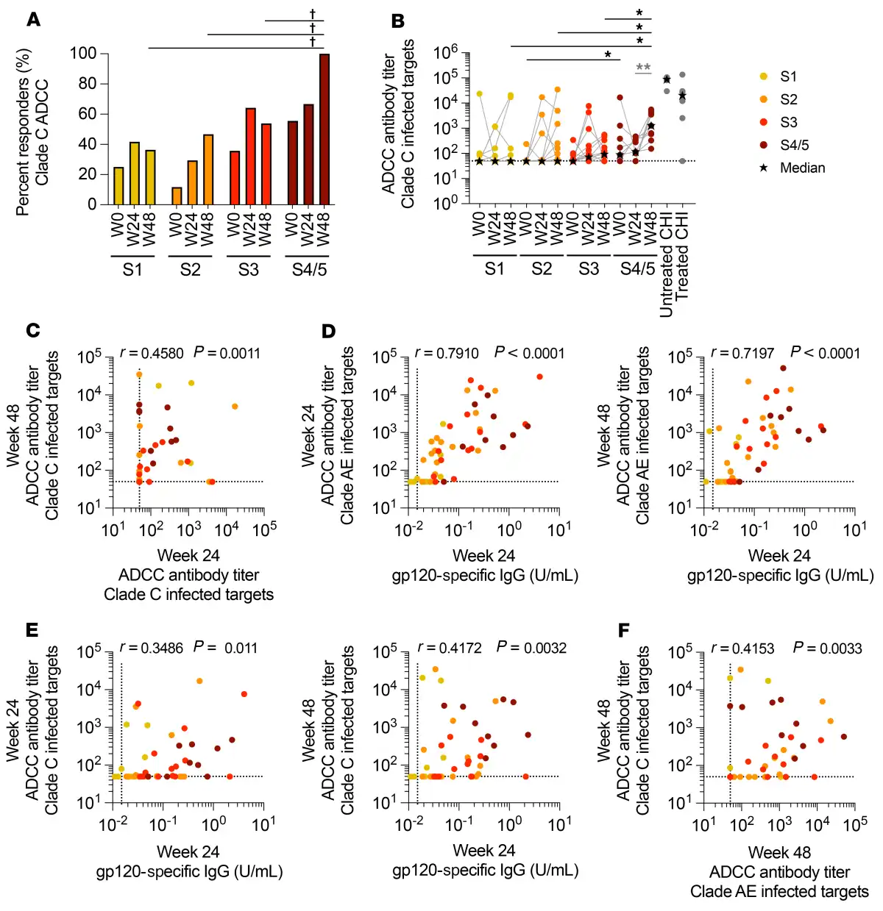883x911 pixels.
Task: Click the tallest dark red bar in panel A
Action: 324,129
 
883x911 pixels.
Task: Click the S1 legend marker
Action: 764,76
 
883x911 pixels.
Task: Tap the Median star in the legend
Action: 764,168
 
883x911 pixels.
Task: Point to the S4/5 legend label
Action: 794,145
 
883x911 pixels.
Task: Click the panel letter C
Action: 33,331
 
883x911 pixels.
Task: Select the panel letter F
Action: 624,630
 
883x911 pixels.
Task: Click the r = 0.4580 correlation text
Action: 152,353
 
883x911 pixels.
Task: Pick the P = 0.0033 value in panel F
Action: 827,648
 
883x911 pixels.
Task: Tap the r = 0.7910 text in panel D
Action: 447,353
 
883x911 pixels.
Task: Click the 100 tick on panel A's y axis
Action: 83,53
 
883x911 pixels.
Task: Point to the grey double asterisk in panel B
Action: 643,68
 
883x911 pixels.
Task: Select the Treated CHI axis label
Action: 682,261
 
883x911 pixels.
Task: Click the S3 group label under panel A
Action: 248,270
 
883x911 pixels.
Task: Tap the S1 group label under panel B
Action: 494,269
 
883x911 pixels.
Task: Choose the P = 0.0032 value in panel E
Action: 531,648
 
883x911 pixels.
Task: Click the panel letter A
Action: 33,20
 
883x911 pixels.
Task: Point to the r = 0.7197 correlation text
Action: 742,353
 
